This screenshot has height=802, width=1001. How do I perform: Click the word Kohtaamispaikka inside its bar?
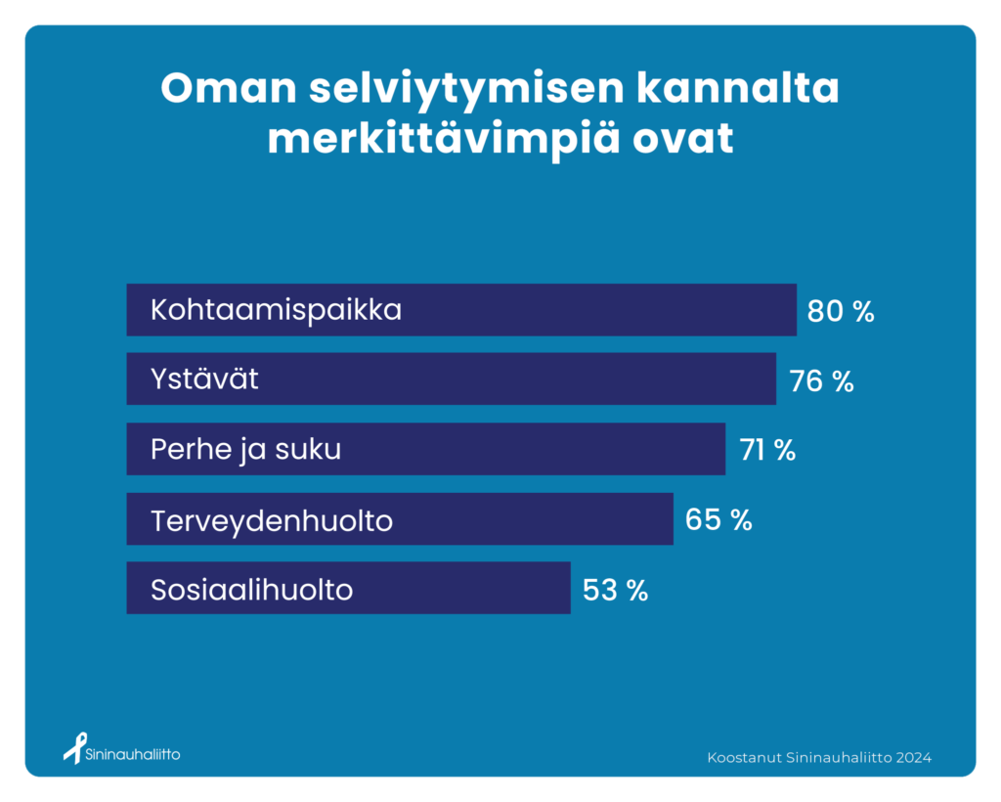click(276, 310)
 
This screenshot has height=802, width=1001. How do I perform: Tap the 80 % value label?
click(841, 311)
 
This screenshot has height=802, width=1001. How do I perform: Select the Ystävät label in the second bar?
click(204, 379)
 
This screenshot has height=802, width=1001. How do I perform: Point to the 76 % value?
click(821, 381)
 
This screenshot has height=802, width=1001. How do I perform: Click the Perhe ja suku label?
click(245, 450)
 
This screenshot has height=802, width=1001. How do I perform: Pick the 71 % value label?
click(768, 450)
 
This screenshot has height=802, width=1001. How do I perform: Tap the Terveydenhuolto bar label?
click(272, 521)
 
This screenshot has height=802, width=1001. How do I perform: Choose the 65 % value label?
click(718, 519)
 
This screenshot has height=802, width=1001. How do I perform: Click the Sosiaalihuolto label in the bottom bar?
click(251, 590)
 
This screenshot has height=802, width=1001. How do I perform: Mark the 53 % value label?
click(616, 590)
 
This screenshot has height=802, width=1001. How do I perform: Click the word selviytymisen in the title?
click(466, 90)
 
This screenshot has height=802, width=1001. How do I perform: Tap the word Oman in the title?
click(229, 88)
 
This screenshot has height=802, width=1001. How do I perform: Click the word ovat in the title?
click(683, 140)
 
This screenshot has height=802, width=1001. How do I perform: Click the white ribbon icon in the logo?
click(75, 748)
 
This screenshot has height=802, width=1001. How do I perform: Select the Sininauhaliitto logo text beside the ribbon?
click(133, 754)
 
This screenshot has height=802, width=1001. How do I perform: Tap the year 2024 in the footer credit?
click(914, 758)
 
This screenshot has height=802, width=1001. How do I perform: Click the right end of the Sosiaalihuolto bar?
click(570, 588)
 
